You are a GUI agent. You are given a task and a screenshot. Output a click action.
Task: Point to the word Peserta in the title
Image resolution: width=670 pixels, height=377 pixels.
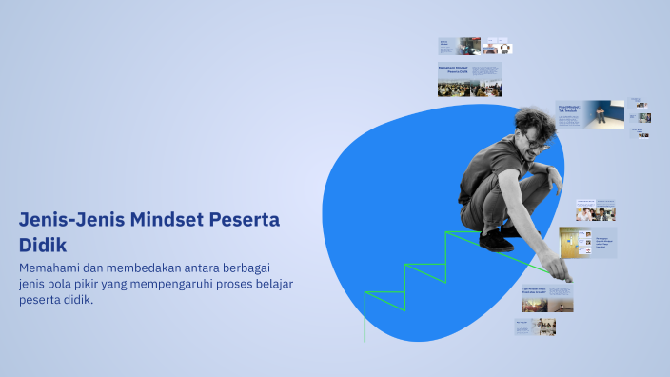click(x=245, y=220)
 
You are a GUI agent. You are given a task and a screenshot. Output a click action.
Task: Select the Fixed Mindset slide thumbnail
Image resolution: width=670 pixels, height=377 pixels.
click(x=590, y=113)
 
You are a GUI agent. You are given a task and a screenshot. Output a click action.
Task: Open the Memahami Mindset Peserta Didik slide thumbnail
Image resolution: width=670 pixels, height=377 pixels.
click(x=469, y=80)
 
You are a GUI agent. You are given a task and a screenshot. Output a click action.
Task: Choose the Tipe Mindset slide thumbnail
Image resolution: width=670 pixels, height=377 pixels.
click(x=546, y=298)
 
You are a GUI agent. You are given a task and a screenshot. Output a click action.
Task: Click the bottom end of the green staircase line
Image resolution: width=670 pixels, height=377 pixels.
click(x=365, y=340)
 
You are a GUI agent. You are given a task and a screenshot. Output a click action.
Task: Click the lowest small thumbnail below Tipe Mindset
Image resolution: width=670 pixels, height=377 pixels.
click(x=534, y=327)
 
